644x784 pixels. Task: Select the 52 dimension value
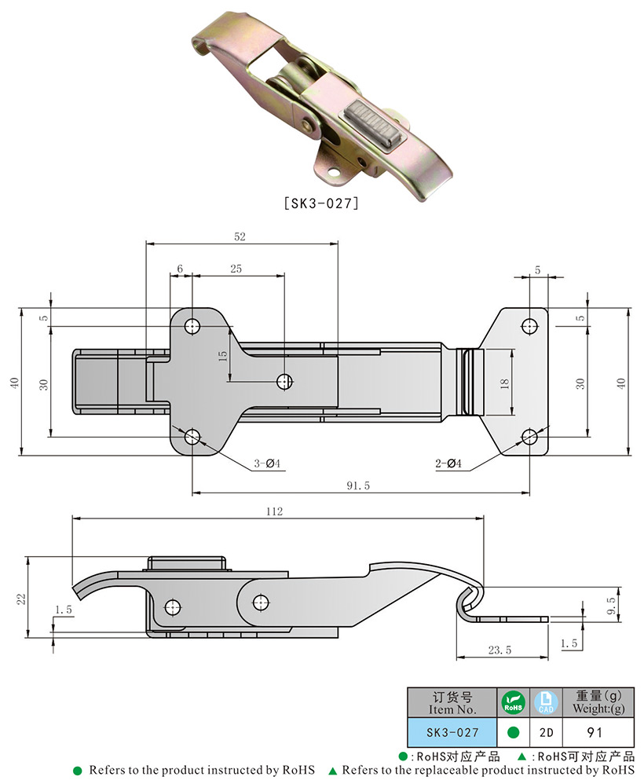tap(239, 236)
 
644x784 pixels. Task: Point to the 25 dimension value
tap(236, 269)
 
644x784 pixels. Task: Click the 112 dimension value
tap(273, 511)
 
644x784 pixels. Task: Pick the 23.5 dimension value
tap(499, 650)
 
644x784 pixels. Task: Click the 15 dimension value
tap(222, 355)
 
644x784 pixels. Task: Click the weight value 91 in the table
tap(595, 732)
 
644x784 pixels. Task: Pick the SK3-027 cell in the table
tap(452, 732)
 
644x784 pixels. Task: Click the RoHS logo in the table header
tap(513, 702)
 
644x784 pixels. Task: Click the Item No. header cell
tap(452, 702)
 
